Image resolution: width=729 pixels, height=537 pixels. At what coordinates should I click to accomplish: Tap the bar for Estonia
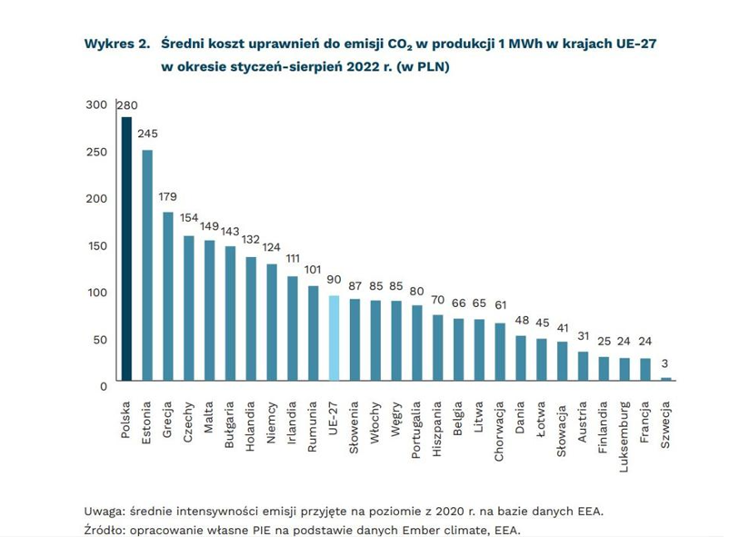tap(147, 264)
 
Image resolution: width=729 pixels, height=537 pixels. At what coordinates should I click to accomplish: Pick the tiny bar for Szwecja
tap(666, 379)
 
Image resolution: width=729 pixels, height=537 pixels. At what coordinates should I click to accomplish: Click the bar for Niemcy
tap(271, 322)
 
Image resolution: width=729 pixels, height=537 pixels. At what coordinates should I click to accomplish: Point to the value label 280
tap(127, 105)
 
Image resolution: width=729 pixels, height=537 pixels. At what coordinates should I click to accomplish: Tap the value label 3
tap(666, 366)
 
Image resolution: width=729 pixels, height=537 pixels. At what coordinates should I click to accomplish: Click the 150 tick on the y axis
tap(96, 245)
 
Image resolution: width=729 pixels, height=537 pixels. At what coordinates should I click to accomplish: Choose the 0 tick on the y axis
tap(103, 385)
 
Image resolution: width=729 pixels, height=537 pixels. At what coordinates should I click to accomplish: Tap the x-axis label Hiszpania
tap(437, 427)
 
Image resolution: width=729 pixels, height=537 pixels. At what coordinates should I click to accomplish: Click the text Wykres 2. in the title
tap(116, 44)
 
